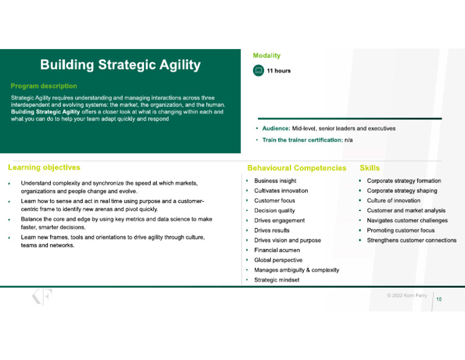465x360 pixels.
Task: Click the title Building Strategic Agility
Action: [x=120, y=65]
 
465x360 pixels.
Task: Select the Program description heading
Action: [x=44, y=86]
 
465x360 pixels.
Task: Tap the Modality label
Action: [x=266, y=56]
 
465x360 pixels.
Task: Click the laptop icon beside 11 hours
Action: [x=259, y=71]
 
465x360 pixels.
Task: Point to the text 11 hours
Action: [x=279, y=71]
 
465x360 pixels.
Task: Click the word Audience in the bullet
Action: [x=275, y=128]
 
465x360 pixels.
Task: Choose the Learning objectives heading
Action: [x=44, y=167]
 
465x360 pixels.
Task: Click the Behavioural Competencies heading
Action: [x=297, y=168]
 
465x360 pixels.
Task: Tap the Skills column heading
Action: [x=369, y=168]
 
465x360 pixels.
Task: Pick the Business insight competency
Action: [x=275, y=181]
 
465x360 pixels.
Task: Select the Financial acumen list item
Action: [x=277, y=250]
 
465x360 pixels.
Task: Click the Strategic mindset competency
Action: [x=276, y=280]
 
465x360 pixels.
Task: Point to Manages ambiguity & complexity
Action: [x=296, y=270]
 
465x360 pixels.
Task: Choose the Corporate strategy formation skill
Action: [x=404, y=181]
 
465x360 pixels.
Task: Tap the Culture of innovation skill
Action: [x=393, y=201]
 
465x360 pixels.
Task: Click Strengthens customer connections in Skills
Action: [x=411, y=240]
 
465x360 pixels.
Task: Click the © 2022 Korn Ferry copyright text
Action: [x=407, y=296]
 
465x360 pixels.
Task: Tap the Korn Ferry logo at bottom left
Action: [x=42, y=297]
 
